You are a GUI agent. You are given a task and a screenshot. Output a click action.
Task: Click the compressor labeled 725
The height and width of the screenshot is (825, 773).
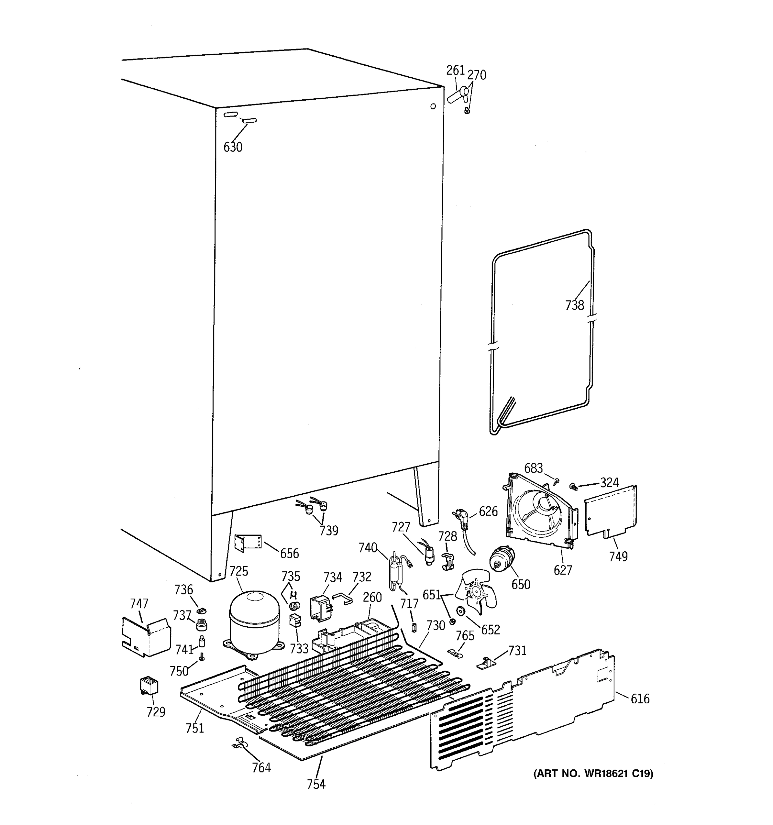coord(254,623)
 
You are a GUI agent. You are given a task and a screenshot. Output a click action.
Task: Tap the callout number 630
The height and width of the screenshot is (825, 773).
coord(233,147)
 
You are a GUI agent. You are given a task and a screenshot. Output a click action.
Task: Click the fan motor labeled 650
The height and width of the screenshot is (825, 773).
coord(501,558)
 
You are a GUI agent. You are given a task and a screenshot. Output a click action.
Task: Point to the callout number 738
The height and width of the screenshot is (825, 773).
coord(574,306)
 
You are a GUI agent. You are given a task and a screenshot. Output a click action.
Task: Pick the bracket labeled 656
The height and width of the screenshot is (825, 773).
coord(248,543)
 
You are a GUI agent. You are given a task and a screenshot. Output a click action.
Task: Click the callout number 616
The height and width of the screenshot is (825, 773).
coord(640,699)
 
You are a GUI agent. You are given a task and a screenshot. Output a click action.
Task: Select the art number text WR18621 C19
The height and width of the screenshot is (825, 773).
coord(593,773)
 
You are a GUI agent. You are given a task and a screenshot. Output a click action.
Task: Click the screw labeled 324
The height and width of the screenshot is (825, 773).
coord(573,486)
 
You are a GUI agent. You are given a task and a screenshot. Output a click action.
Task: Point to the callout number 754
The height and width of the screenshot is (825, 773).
coord(316,784)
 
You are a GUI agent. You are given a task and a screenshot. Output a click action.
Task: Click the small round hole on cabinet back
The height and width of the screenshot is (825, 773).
coord(433,106)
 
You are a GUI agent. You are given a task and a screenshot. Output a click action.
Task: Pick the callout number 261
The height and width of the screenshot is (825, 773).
coord(455,70)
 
